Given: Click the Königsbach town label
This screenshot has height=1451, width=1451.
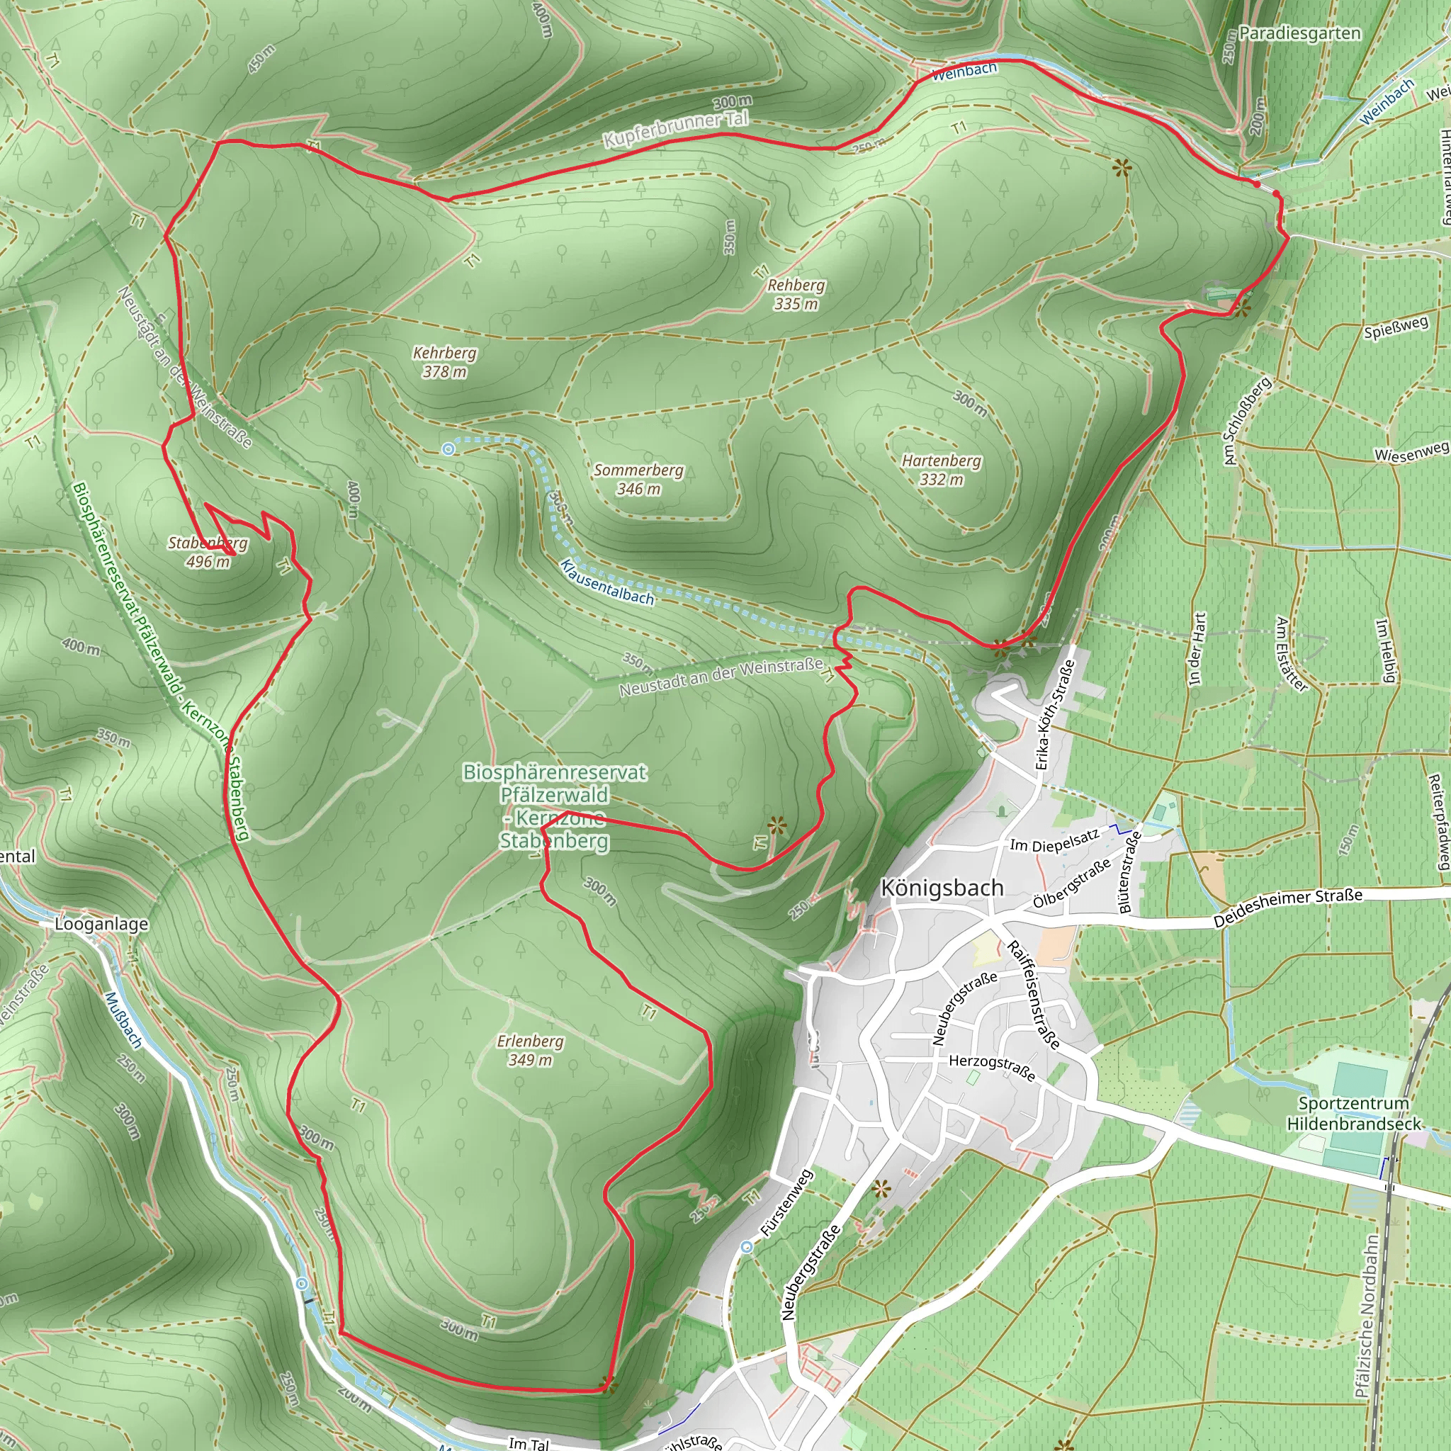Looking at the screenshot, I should [942, 888].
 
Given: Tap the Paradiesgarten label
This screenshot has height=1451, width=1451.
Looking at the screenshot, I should [1299, 33].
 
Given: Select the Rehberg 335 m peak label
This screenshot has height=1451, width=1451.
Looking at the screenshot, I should [796, 295].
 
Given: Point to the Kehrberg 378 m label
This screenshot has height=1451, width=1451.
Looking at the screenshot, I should [445, 362].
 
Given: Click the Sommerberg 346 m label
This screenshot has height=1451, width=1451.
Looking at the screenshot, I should [639, 479].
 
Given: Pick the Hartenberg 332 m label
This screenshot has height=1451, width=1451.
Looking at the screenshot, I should [942, 470].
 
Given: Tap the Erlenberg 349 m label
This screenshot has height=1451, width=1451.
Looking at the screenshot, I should [530, 1050].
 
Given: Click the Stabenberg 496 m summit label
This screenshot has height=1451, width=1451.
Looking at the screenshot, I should [208, 552].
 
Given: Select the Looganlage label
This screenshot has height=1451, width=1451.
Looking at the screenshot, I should [101, 924].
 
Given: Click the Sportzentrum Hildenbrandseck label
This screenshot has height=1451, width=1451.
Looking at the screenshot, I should [1354, 1113].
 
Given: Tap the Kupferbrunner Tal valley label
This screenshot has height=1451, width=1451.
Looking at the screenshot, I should [676, 128].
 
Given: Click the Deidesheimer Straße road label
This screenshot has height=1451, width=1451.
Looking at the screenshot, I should [1287, 908].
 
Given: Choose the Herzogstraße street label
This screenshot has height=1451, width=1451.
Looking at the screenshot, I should [992, 1067].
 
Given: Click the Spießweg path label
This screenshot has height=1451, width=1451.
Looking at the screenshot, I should [1396, 327].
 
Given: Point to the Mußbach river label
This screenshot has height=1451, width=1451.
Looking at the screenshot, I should [123, 1020].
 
